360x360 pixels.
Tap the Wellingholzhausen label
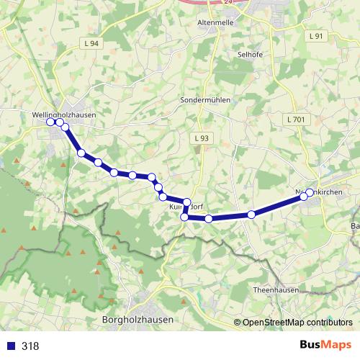point(64,114)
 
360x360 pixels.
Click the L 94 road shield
point(91,44)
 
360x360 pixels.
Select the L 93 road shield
point(201,138)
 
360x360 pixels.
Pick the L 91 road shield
point(316,35)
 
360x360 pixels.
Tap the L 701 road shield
point(295,118)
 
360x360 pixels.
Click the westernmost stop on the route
point(50,122)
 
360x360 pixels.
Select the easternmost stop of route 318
point(310,192)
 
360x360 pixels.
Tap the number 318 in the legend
point(30,346)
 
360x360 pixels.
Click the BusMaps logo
point(325,345)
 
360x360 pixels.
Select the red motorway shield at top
point(228,2)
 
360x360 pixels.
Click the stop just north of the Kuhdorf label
point(186,202)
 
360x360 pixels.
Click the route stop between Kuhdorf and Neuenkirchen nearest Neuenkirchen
point(251,214)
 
